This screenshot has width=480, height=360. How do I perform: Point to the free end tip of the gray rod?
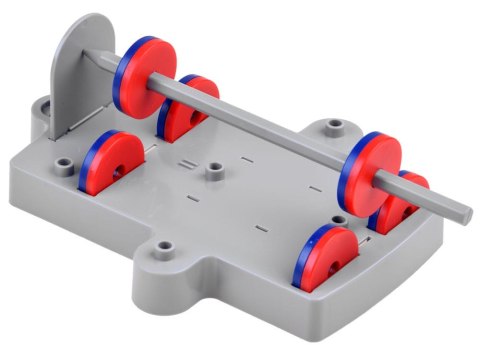click(462, 212)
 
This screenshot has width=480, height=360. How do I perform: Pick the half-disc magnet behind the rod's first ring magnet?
click(190, 108)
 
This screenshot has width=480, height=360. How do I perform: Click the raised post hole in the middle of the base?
click(213, 171)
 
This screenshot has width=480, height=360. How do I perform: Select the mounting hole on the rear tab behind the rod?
click(333, 127)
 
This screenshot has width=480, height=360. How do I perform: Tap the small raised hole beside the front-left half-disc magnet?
click(64, 160)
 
